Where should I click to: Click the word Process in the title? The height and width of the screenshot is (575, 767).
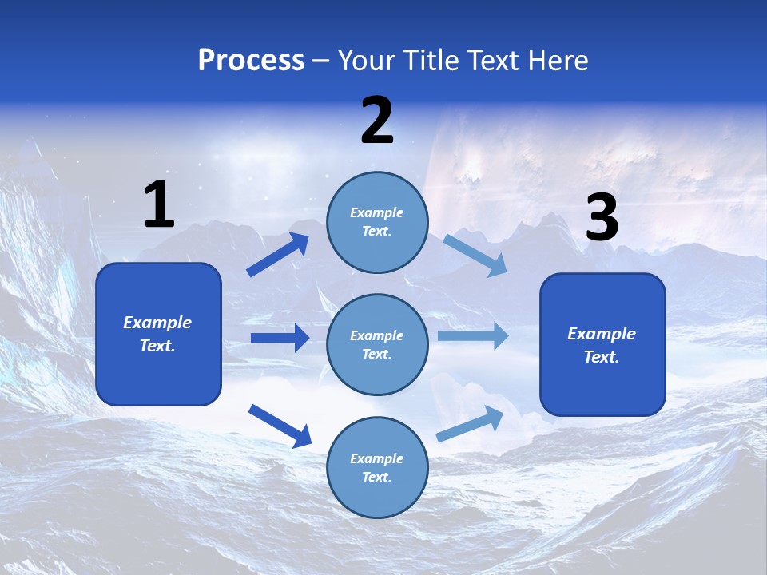[251, 61]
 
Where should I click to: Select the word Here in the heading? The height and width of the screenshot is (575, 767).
[556, 61]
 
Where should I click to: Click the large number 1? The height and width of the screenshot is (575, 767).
[159, 205]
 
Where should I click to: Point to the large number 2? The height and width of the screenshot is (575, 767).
[377, 121]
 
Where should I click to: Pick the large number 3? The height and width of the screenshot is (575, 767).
[602, 218]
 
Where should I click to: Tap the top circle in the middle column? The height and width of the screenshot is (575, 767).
[377, 222]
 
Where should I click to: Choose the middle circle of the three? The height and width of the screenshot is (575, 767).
[377, 344]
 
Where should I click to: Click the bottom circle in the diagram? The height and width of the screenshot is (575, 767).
[377, 467]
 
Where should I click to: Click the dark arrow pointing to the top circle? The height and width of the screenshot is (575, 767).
[278, 254]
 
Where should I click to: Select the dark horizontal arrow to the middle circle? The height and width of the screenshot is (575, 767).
[280, 338]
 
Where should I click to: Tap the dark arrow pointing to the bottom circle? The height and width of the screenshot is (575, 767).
[280, 426]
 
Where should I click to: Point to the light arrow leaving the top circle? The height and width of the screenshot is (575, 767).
[475, 255]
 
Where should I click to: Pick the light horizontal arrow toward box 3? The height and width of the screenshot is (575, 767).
[472, 336]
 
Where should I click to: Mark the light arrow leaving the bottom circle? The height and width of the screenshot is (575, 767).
[470, 424]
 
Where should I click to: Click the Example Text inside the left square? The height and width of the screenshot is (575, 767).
[157, 334]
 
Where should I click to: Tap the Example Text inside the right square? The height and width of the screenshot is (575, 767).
[602, 345]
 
